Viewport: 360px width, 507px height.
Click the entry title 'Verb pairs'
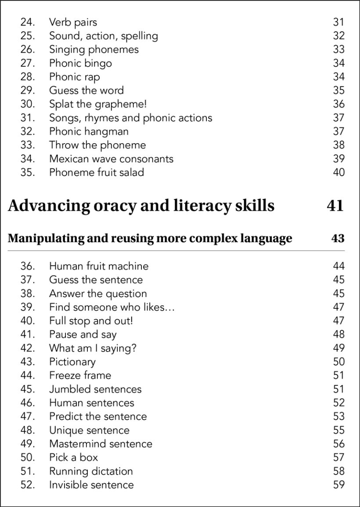(x=73, y=22)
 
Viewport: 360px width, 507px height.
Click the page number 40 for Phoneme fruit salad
(x=338, y=172)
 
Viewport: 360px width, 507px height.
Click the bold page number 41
(x=335, y=206)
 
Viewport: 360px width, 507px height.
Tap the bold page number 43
(x=338, y=239)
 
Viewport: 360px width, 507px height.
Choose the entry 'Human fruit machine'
(x=99, y=266)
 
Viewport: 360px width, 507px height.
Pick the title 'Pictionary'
(x=72, y=362)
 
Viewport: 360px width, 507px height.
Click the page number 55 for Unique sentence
(x=338, y=430)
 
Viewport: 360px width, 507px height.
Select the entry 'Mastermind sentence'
(x=101, y=444)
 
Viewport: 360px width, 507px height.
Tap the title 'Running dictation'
(x=91, y=471)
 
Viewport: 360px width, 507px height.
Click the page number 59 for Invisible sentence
(x=338, y=485)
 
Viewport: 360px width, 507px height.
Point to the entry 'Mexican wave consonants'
(x=111, y=159)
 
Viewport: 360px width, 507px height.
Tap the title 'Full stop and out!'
(x=91, y=321)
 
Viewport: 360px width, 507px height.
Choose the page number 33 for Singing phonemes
(x=338, y=50)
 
